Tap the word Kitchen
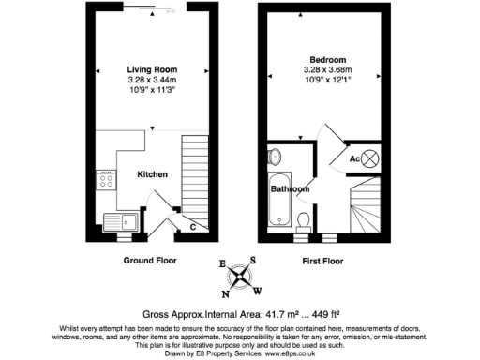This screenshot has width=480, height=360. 153,174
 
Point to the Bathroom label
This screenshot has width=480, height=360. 291,188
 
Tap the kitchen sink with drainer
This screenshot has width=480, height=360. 121,222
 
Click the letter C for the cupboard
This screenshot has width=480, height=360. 192,226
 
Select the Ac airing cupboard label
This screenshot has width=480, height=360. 355,158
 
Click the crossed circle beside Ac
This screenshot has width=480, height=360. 372,158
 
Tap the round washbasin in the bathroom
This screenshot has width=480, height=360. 275,156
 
